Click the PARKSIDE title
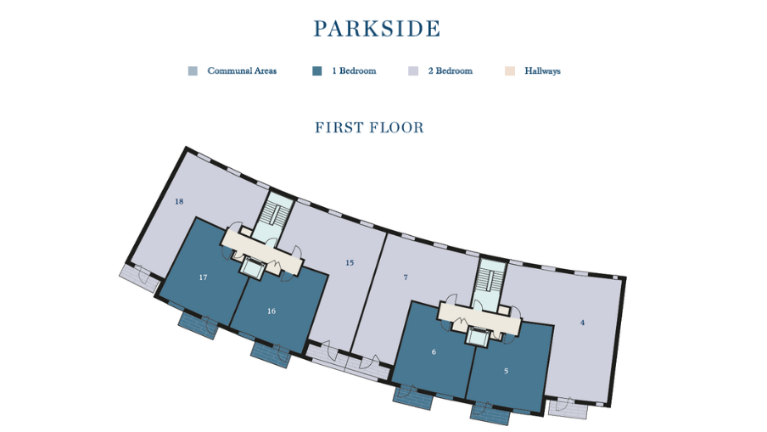click(x=377, y=29)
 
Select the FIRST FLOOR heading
click(x=369, y=128)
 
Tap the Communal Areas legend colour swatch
click(x=193, y=71)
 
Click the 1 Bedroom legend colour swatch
click(x=316, y=71)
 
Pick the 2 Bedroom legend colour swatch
click(x=413, y=71)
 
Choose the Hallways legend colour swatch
click(x=509, y=71)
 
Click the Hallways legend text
click(x=542, y=71)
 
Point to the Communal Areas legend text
click(x=242, y=71)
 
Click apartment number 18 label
click(x=179, y=202)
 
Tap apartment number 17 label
click(x=204, y=278)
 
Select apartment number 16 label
click(x=272, y=311)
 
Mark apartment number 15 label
click(x=350, y=263)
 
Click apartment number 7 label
click(x=406, y=278)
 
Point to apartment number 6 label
click(x=434, y=351)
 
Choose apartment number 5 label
click(x=507, y=371)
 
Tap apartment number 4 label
click(x=582, y=323)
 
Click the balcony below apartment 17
click(x=199, y=324)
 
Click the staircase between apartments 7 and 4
click(x=490, y=280)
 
